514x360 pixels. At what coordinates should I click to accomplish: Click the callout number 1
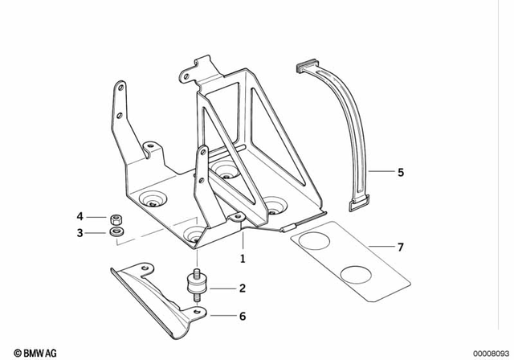242,259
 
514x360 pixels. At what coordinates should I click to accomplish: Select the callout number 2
242,288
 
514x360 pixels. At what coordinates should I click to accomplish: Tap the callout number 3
80,233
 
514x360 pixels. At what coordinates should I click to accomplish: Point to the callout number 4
80,216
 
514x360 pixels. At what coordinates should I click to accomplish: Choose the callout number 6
242,316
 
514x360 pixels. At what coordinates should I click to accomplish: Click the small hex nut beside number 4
115,217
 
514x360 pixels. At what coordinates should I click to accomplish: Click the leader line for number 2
221,288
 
